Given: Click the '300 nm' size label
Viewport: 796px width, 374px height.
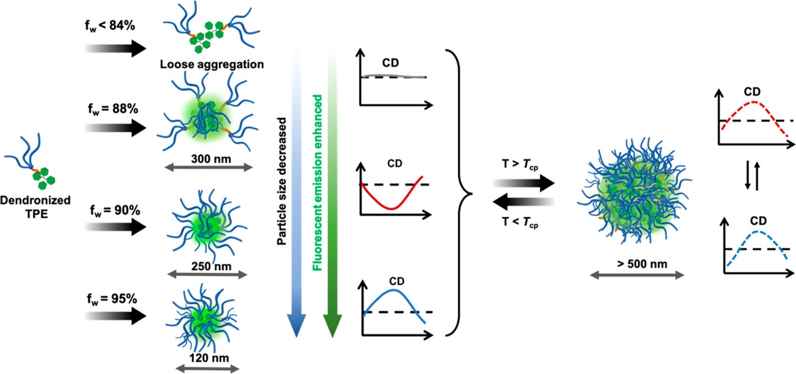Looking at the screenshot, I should (207, 156).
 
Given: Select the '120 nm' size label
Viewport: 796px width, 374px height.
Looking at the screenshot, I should (207, 357).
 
